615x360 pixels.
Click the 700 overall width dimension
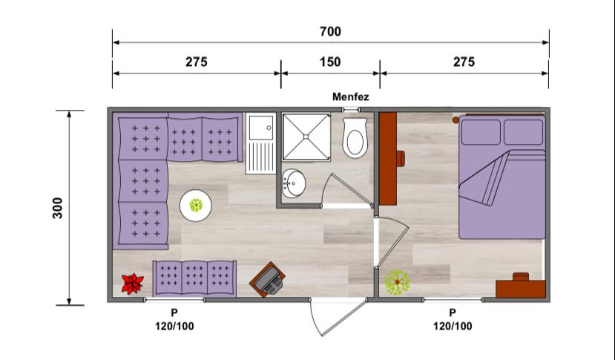click(x=330, y=31)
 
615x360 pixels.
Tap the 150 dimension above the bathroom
click(x=330, y=62)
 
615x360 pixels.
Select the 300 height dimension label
click(x=58, y=208)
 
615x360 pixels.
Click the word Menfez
click(x=351, y=96)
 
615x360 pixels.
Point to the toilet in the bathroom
click(x=355, y=138)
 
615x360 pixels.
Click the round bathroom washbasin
click(x=294, y=183)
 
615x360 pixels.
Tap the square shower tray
click(x=306, y=137)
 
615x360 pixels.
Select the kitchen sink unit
click(x=261, y=143)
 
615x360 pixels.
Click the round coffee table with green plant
click(x=196, y=205)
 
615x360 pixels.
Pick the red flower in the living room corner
click(x=132, y=284)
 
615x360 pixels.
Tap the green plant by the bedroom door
click(x=397, y=282)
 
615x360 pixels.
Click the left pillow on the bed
click(x=481, y=132)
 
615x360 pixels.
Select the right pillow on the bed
click(x=523, y=132)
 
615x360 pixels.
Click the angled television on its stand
click(x=268, y=278)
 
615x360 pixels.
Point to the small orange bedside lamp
click(x=456, y=120)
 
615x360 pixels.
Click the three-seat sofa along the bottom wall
click(x=194, y=278)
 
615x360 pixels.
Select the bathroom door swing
click(x=346, y=190)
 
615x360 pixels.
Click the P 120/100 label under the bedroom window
click(x=453, y=320)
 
